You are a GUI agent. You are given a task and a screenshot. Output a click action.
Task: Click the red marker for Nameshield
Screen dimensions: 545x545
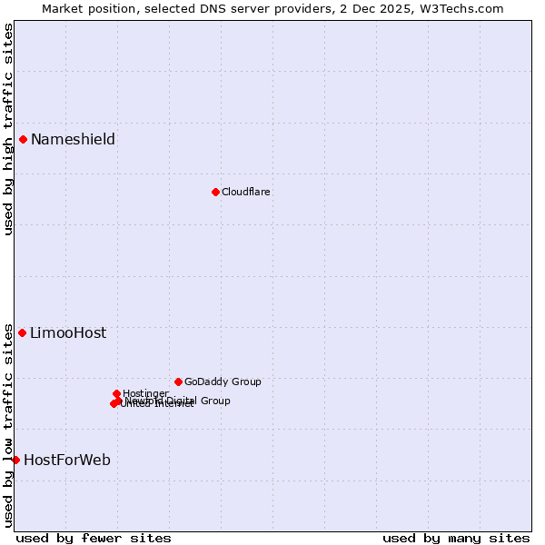pos(23,139)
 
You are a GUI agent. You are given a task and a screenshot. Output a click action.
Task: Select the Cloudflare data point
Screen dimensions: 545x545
pos(215,192)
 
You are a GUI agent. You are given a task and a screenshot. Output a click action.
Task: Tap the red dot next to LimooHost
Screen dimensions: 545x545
pos(22,332)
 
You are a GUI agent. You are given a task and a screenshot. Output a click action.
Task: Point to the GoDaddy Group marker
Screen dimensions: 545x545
pos(178,381)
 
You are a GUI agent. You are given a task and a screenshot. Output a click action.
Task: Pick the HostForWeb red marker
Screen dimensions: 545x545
pos(15,460)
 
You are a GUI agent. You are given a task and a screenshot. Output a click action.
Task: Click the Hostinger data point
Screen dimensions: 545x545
pos(116,393)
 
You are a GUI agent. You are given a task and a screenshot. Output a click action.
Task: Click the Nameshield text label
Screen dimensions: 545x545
pos(73,139)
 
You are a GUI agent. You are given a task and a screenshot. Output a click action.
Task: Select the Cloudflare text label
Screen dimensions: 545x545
pos(246,192)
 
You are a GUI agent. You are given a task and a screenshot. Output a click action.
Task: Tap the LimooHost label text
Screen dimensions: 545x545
pos(68,332)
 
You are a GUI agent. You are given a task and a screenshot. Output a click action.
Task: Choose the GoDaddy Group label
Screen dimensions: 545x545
pos(223,381)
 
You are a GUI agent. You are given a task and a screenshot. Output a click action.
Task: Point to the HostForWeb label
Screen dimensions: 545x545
pos(67,460)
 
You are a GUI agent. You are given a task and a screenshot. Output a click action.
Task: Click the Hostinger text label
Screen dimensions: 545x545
pos(145,393)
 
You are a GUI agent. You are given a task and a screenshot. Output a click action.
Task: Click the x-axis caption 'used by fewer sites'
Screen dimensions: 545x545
pos(94,538)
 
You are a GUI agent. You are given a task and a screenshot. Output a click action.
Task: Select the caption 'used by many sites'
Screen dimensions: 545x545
pos(456,538)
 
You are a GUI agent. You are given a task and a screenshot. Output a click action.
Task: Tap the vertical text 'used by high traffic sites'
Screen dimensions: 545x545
pos(8,129)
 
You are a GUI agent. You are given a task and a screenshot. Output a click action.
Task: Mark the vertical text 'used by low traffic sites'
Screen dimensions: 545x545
pos(8,425)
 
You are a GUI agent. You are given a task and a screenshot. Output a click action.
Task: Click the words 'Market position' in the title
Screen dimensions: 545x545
pos(86,8)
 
